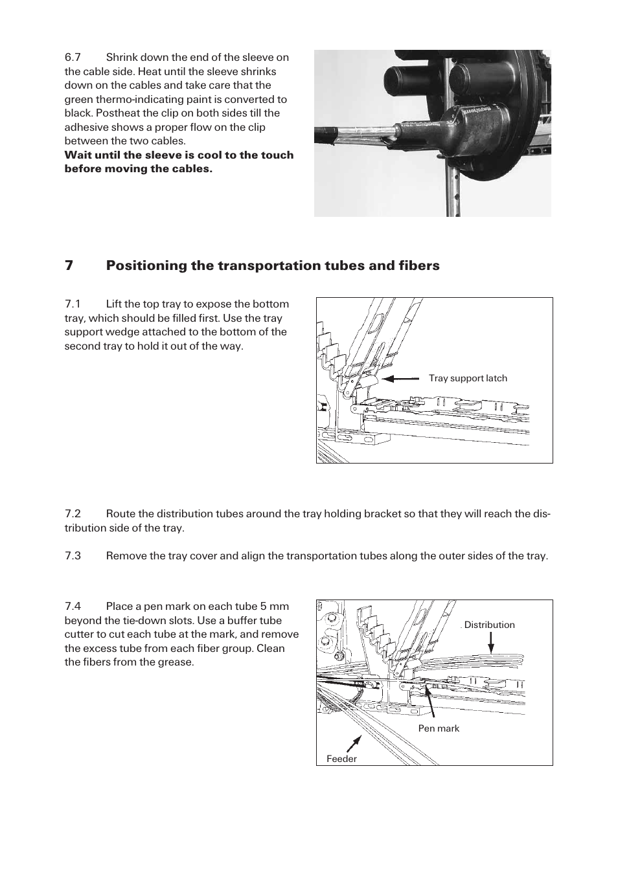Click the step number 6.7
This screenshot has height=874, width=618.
click(x=72, y=57)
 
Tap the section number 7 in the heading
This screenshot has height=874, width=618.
click(x=68, y=265)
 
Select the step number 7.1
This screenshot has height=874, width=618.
click(x=72, y=304)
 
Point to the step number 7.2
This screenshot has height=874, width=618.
click(x=73, y=513)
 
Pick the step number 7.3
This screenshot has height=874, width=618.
click(x=73, y=555)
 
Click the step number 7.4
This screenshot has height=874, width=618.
click(x=73, y=606)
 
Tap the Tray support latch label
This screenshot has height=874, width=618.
click(x=468, y=378)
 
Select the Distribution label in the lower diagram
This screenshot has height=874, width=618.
click(x=489, y=625)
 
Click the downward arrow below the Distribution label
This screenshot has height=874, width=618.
click(x=490, y=642)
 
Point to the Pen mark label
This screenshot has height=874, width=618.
click(x=439, y=728)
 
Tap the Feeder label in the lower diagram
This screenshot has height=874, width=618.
click(x=341, y=759)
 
